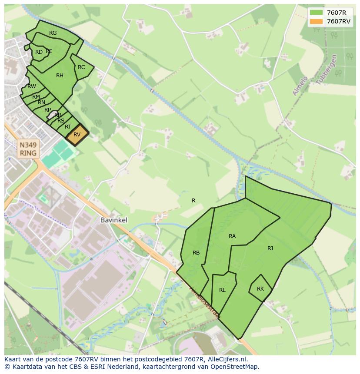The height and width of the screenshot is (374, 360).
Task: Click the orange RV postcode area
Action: click(77, 134)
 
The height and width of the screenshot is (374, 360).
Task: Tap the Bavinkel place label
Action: click(114, 220)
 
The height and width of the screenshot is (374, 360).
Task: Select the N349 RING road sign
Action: click(28, 149)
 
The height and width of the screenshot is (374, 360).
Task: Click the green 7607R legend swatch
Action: click(317, 13)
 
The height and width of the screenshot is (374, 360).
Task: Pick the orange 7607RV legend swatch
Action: click(317, 21)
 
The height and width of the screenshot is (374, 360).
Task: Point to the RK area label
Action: click(260, 289)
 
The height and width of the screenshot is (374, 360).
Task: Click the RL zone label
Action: click(222, 290)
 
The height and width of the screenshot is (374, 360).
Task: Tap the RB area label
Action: click(196, 253)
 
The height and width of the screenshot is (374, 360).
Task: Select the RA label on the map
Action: click(232, 236)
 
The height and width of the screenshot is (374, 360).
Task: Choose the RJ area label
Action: click(270, 248)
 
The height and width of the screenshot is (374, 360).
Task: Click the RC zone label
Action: click(81, 67)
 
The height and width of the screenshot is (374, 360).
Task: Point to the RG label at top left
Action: click(53, 33)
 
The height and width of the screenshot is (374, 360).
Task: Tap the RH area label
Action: click(60, 76)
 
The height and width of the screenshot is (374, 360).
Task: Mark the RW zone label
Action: click(32, 86)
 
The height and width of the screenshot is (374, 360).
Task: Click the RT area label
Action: click(68, 127)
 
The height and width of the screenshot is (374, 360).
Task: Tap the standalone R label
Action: click(193, 201)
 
